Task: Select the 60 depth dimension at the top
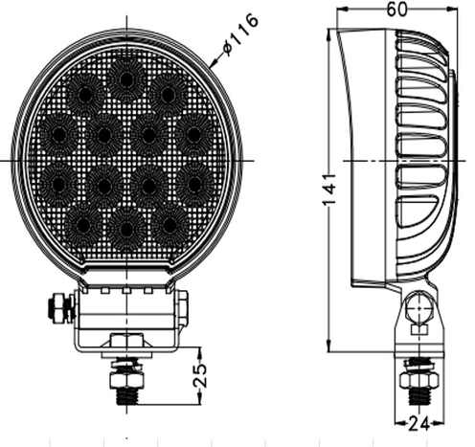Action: pos(395,10)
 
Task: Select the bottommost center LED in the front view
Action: pos(125,228)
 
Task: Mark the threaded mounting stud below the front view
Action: pos(125,381)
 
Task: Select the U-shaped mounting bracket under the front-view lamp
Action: pos(125,321)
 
